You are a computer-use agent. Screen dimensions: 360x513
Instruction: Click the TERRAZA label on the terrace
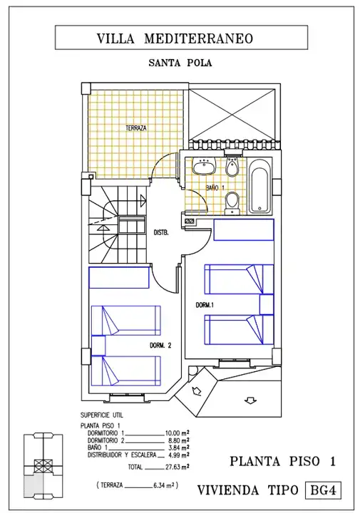(136, 128)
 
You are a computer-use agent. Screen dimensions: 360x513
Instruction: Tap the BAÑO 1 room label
(215, 188)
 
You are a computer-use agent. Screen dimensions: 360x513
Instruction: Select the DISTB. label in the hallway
(161, 233)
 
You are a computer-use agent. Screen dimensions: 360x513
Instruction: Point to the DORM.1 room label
(205, 305)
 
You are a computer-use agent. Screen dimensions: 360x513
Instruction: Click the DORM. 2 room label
(160, 346)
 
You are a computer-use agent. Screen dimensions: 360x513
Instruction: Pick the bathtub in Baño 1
(260, 186)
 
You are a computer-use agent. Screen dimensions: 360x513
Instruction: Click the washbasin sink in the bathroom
(204, 165)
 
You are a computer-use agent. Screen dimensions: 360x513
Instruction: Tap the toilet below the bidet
(232, 204)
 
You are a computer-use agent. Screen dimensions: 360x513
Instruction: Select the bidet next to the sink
(232, 166)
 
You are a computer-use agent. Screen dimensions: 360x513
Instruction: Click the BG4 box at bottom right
(324, 490)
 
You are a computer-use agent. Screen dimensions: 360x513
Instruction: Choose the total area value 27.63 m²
(177, 467)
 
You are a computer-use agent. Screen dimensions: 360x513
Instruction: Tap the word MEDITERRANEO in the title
(199, 38)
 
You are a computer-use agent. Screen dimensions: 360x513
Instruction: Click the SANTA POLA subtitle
(180, 63)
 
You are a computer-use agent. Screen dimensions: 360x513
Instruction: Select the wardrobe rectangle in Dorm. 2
(119, 278)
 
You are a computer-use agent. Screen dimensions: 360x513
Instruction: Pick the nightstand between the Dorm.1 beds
(267, 305)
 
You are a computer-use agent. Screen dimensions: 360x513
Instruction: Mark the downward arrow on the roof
(251, 400)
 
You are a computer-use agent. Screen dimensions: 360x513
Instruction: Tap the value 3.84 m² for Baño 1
(180, 448)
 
